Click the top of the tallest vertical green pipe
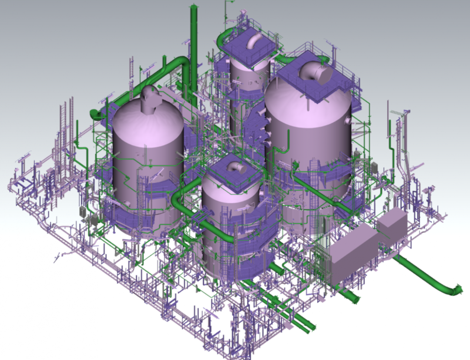tap(192, 9)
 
